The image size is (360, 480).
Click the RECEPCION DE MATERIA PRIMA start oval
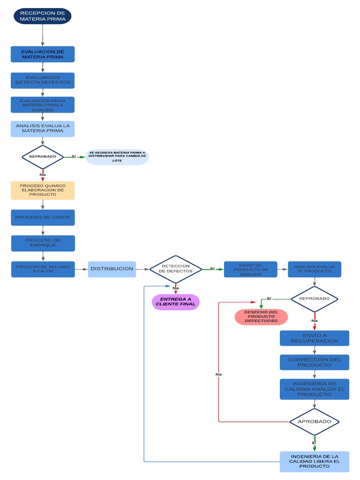point(43,15)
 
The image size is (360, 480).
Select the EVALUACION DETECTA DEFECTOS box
point(43,80)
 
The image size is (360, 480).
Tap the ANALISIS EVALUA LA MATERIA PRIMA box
point(43,128)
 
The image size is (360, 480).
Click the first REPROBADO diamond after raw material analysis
point(43,157)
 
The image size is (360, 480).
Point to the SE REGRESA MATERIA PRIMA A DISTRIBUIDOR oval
point(117,157)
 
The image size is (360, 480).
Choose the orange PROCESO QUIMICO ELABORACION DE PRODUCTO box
point(43,190)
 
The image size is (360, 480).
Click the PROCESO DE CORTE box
point(43,217)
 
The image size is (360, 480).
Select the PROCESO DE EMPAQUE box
point(43,243)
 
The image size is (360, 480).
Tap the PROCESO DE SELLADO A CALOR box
point(43,270)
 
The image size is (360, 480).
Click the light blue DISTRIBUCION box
point(112,269)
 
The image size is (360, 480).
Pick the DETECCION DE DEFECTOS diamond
point(176,269)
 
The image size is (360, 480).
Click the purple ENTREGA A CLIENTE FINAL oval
point(176,302)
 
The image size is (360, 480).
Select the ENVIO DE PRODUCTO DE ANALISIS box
point(250,269)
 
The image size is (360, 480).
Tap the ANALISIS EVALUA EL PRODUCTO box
point(314,269)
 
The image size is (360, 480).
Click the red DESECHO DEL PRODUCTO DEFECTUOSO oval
point(261,316)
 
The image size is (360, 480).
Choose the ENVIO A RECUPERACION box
point(314,338)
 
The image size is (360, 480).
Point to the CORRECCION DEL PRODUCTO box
point(314,362)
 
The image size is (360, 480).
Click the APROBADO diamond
point(314,421)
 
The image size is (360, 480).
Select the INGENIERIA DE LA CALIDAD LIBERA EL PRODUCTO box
point(314,461)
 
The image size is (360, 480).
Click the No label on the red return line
point(218,375)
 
